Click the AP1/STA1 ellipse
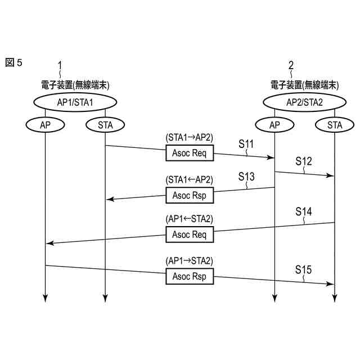pos(75,102)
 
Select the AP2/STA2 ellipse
pos(304,102)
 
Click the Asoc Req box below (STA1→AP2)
pos(190,153)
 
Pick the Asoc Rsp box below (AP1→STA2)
pos(190,277)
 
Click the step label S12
pos(304,161)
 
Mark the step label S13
pos(246,177)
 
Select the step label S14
pos(304,211)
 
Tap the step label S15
pos(304,270)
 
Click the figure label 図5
pos(13,62)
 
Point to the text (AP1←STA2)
pos(190,219)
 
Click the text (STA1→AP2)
pos(190,137)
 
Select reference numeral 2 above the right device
pos(291,65)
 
